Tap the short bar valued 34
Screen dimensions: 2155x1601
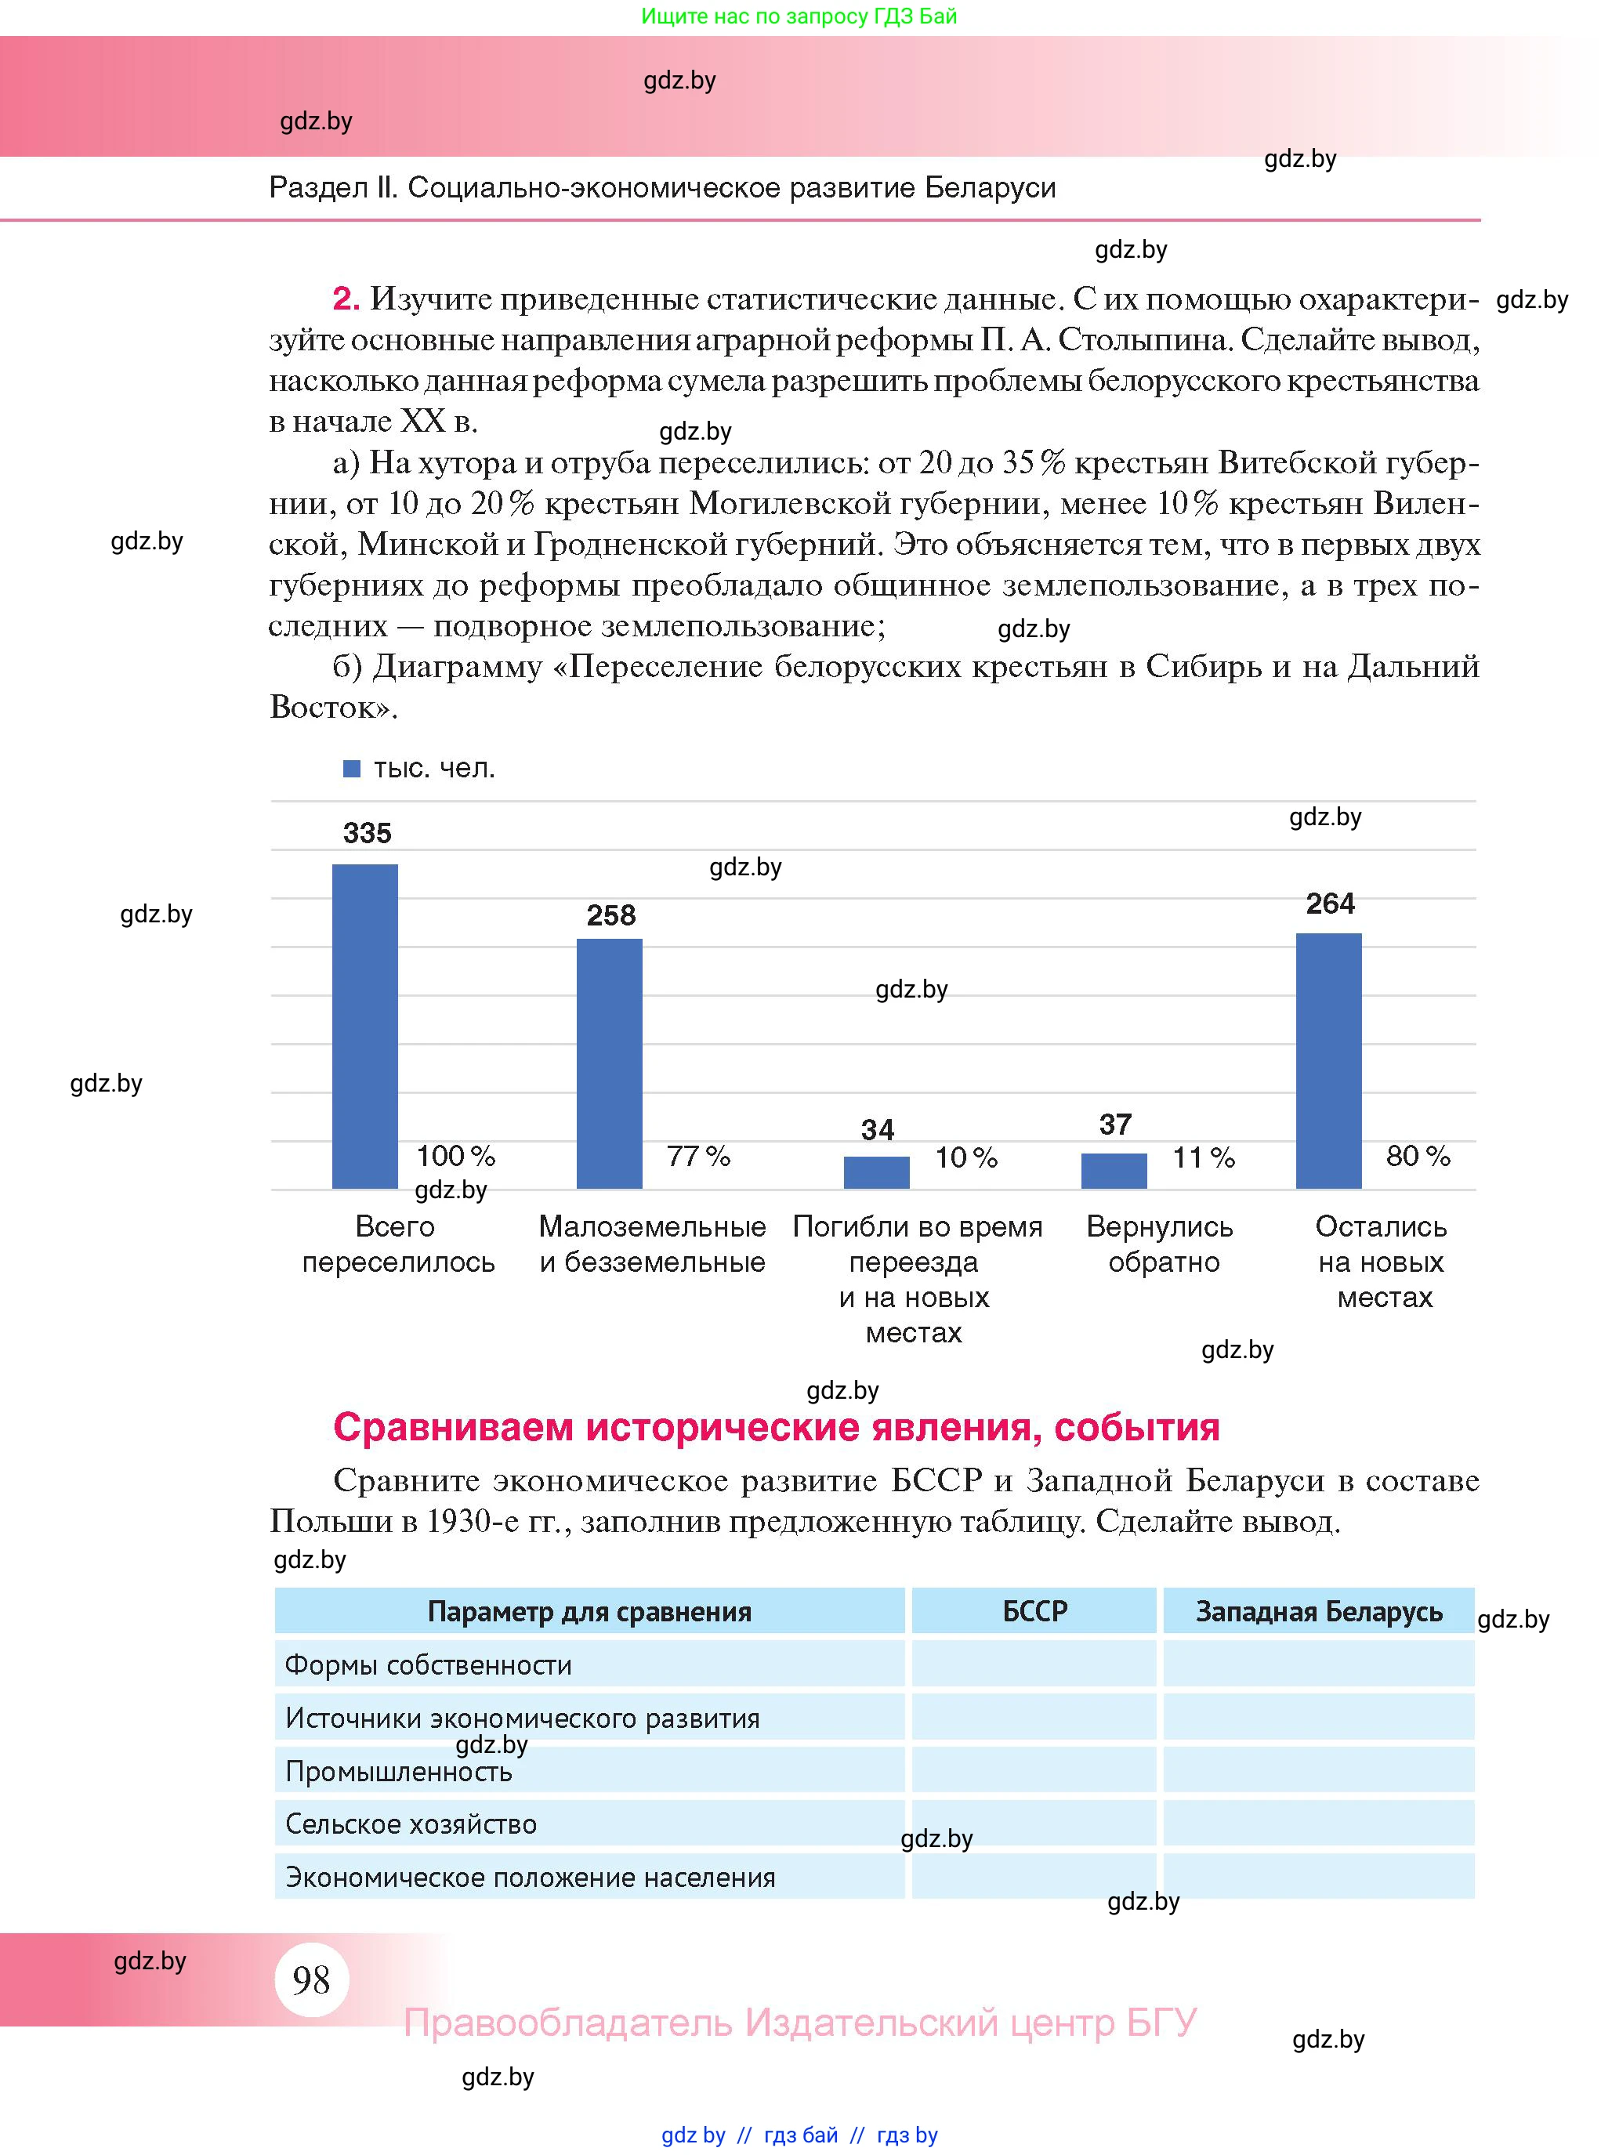pos(876,1172)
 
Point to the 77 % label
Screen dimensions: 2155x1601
pos(697,1156)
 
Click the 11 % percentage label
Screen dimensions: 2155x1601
pos(1203,1157)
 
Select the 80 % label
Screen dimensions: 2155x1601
pos(1417,1155)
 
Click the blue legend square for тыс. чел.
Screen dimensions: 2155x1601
pos(352,769)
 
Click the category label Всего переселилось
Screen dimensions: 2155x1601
pos(397,1244)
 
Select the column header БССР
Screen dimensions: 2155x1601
pos(1034,1610)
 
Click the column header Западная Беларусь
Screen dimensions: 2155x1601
pos(1318,1610)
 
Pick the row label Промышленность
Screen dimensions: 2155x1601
pos(398,1771)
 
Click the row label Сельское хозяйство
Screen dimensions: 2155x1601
pos(411,1824)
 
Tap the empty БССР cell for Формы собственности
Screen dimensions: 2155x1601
pos(1034,1664)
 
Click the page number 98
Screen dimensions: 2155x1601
pos(311,1979)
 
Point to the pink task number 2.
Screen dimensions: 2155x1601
pos(346,299)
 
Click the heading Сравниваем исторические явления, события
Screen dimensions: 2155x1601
pos(775,1427)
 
